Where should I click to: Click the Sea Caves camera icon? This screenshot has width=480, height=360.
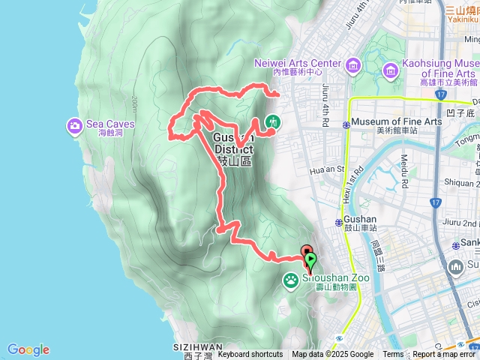click(75, 124)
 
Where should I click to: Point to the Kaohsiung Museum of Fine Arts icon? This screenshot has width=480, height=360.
click(390, 70)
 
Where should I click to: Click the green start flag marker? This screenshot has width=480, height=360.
click(311, 260)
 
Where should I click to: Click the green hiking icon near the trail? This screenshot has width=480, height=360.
click(274, 121)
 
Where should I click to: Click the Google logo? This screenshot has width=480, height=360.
click(28, 349)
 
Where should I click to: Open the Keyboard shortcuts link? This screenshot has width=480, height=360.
click(250, 355)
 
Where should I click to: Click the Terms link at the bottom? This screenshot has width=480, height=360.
click(393, 355)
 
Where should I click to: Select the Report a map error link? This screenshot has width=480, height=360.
click(443, 355)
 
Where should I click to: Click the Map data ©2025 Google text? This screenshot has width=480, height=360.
click(333, 355)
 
